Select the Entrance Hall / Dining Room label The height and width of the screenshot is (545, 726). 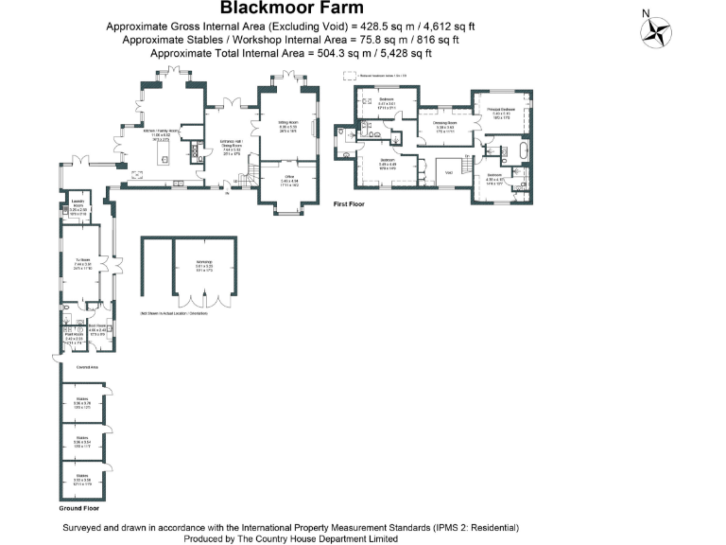click(x=232, y=147)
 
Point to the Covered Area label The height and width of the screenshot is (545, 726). click(x=75, y=365)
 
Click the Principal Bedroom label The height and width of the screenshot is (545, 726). click(x=499, y=111)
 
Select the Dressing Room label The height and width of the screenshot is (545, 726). click(x=444, y=123)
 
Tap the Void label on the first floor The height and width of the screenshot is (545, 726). click(x=450, y=172)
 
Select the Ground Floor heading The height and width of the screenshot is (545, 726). click(x=78, y=508)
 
